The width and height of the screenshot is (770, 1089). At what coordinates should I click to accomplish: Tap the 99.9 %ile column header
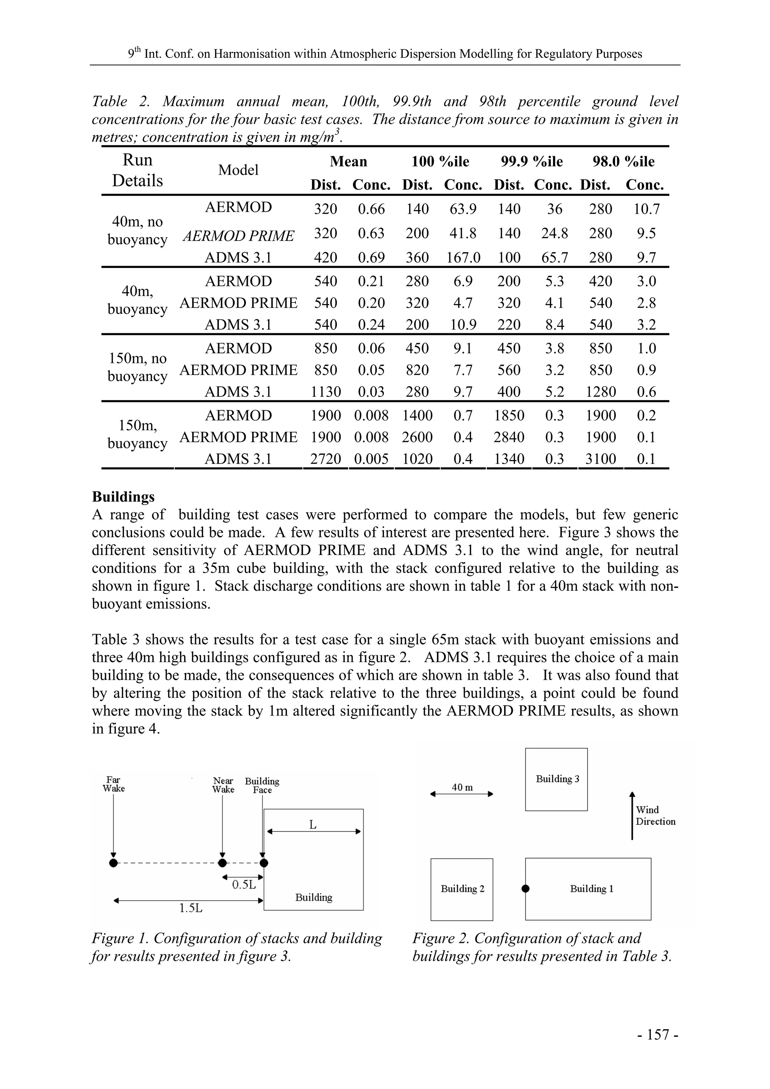532,162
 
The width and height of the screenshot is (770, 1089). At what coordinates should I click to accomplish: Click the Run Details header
137,170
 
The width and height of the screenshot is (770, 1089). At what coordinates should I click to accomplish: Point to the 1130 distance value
326,392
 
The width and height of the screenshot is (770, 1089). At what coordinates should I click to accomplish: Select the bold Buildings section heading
123,497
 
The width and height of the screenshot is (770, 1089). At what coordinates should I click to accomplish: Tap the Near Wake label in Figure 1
223,785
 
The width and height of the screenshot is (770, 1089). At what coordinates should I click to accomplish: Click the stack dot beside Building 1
525,889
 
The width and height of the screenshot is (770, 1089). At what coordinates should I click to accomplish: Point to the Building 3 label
558,779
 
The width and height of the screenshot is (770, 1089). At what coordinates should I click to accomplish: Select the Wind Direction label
655,815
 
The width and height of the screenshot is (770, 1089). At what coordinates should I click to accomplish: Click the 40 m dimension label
462,787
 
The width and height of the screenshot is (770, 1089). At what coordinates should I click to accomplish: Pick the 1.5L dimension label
191,908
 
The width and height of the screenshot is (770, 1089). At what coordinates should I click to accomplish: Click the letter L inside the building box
313,825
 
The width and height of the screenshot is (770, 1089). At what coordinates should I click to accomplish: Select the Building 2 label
462,889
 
